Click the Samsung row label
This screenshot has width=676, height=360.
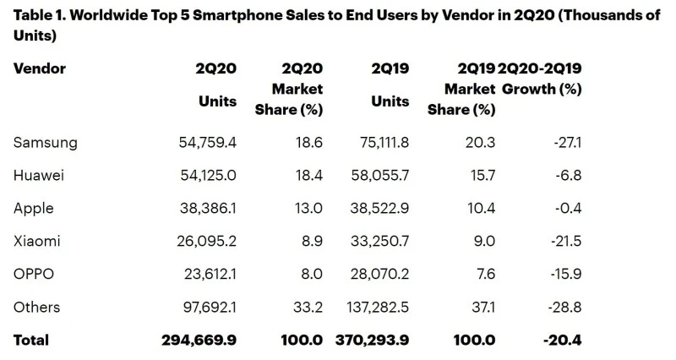pyautogui.click(x=46, y=143)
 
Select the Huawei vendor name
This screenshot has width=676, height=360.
pyautogui.click(x=41, y=176)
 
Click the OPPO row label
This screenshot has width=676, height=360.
pyautogui.click(x=36, y=274)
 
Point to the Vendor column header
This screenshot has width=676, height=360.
pyautogui.click(x=40, y=68)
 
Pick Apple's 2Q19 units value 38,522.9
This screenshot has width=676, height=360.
pyautogui.click(x=378, y=209)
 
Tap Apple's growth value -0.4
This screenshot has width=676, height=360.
pyautogui.click(x=567, y=209)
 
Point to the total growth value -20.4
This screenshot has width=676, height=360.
pyautogui.click(x=560, y=340)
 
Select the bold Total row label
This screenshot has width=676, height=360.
pyautogui.click(x=31, y=340)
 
